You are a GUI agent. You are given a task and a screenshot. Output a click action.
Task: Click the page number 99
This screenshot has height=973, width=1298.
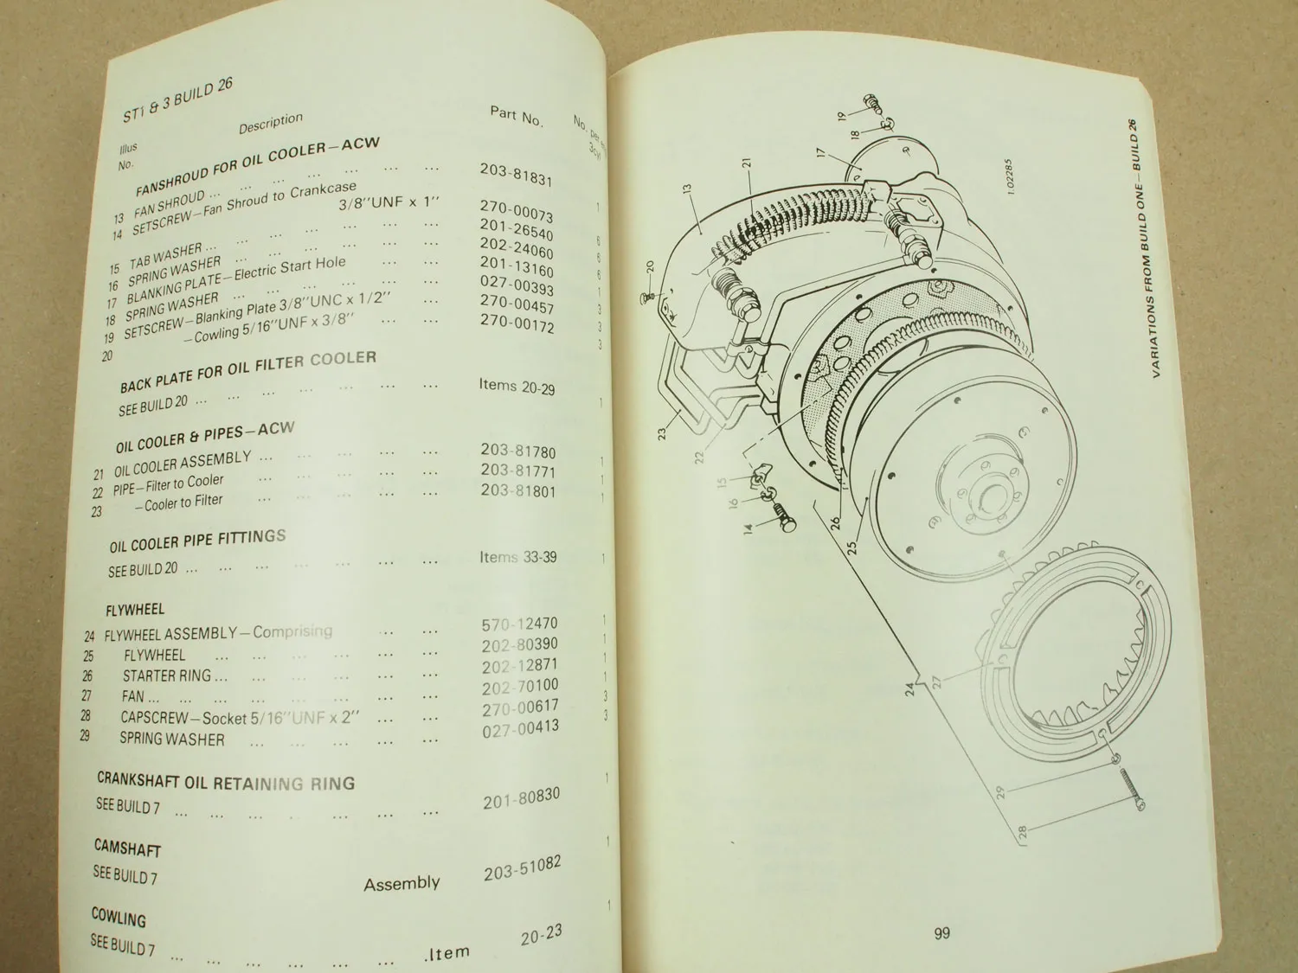pos(942,932)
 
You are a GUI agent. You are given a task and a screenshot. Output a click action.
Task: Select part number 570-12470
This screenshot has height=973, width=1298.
pos(519,624)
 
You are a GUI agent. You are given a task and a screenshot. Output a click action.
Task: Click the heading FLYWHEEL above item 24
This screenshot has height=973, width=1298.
pos(135,610)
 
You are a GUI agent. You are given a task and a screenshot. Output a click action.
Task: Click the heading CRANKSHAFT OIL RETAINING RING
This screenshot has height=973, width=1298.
pos(226,782)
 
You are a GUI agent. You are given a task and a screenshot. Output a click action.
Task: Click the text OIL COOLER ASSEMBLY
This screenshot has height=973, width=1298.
pos(183,464)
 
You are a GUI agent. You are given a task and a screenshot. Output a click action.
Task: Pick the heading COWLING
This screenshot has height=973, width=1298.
pos(119,917)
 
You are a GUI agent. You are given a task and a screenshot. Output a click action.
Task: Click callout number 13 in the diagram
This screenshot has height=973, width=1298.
pos(687,189)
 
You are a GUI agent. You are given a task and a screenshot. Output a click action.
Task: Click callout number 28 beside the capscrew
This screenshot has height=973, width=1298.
pos(1022,834)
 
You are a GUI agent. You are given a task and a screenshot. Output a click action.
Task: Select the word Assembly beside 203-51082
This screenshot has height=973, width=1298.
pos(402,884)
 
